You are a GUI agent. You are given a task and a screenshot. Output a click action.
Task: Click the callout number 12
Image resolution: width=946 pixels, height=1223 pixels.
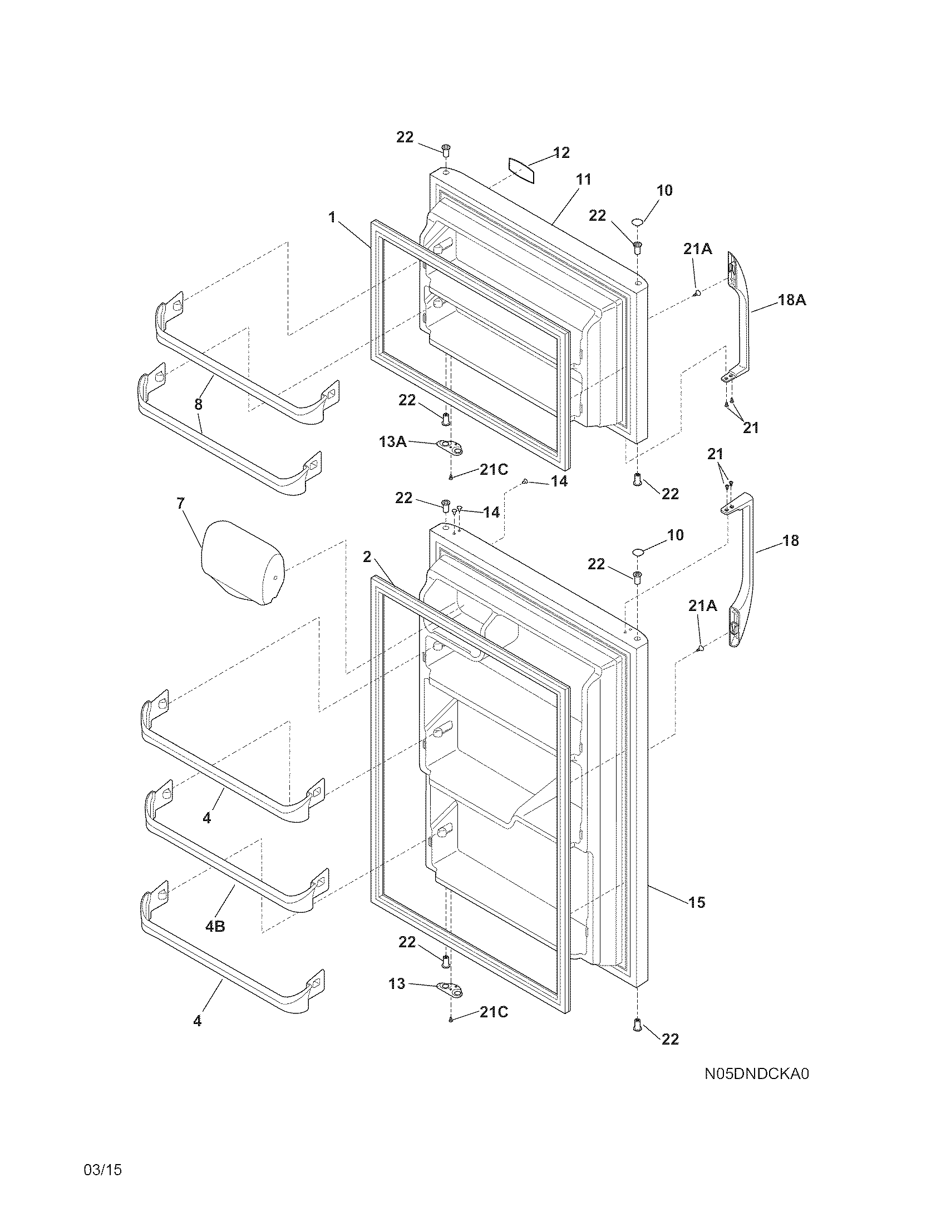(561, 152)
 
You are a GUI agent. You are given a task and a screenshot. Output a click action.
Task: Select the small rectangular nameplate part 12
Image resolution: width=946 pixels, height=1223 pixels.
(521, 171)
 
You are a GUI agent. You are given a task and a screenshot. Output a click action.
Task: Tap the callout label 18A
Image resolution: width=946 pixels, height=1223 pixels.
(792, 300)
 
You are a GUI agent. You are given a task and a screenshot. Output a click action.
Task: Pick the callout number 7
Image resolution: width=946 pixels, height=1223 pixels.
(180, 503)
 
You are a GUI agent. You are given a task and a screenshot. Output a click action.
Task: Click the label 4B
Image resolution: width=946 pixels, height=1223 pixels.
(215, 926)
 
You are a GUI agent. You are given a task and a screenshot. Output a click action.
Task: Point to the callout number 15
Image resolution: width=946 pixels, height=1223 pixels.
(697, 902)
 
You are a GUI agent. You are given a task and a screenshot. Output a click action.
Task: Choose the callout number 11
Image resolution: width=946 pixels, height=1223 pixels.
(583, 180)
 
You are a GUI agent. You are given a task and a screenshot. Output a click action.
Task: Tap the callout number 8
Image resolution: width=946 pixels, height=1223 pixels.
(199, 404)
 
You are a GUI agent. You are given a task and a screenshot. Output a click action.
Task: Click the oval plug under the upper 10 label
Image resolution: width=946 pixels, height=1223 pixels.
(637, 223)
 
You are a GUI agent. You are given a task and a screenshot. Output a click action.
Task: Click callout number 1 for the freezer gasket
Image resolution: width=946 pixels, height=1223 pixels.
(332, 217)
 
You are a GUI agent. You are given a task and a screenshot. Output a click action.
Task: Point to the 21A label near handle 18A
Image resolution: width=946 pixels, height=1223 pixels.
(697, 249)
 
